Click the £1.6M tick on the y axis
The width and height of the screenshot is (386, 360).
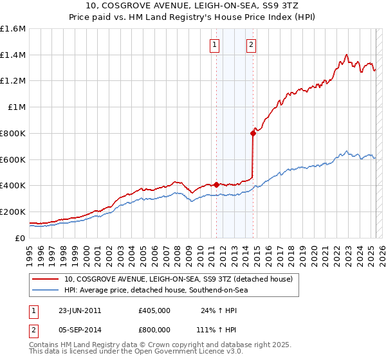point(13,29)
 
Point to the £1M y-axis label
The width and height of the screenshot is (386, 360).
point(17,107)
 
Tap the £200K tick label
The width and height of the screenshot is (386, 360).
point(13,212)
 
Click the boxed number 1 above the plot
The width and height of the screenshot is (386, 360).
point(214,45)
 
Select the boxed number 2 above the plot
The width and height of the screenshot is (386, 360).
point(250,45)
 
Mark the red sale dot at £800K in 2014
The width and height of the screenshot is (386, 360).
point(253,133)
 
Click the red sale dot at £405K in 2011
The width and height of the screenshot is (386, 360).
point(216,184)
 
